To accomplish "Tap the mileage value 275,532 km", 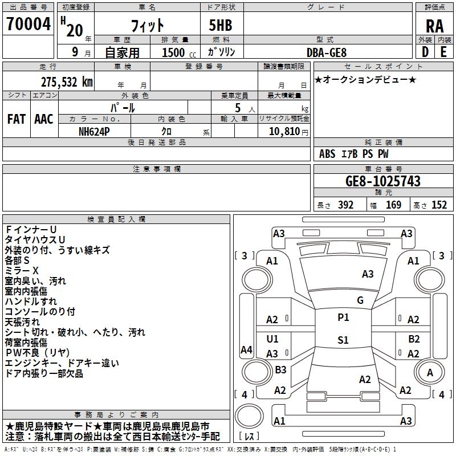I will tap(67, 82).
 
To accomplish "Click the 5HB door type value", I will tap(216, 25).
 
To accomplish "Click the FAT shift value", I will tap(16, 119).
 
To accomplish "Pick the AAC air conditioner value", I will tap(43, 119).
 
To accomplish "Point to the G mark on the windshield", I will tap(360, 300).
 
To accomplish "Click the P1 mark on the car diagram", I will tap(343, 317).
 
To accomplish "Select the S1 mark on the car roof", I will tap(343, 340).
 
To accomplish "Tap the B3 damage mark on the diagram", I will tap(280, 370).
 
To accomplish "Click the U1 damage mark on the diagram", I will tap(272, 339).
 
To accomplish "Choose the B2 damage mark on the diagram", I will tap(414, 339).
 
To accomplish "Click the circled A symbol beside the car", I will tap(430, 372).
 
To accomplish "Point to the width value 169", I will tap(394, 205).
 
